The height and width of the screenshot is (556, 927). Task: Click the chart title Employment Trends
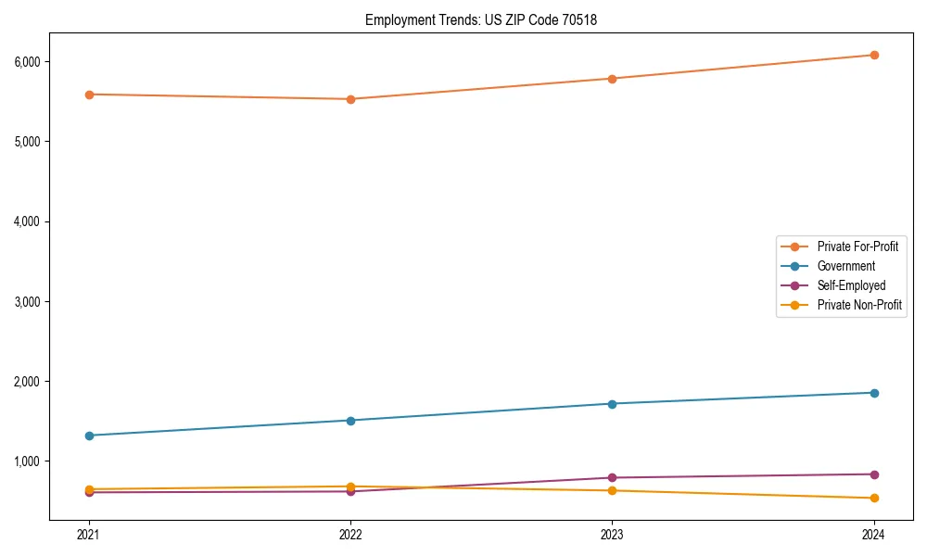[481, 19]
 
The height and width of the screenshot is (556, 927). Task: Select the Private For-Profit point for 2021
[89, 95]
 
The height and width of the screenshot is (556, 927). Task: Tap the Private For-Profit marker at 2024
[874, 55]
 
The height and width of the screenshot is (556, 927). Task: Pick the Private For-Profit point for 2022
[350, 99]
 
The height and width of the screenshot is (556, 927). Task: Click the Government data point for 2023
[612, 404]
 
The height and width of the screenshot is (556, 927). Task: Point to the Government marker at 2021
[89, 436]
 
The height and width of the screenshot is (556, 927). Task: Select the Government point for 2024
[874, 393]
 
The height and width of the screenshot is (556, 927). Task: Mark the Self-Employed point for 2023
[612, 478]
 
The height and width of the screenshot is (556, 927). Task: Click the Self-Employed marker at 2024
[874, 474]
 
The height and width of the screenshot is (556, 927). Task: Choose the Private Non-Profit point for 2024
[874, 499]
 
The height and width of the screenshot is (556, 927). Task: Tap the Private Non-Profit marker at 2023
[612, 490]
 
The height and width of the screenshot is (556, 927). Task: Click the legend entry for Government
[845, 266]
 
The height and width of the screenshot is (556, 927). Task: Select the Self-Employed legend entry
[851, 285]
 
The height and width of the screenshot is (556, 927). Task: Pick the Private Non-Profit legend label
[859, 305]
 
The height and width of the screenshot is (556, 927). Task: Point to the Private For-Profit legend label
[857, 246]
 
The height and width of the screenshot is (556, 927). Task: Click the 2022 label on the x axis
[350, 534]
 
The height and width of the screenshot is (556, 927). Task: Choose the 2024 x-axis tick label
[874, 534]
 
